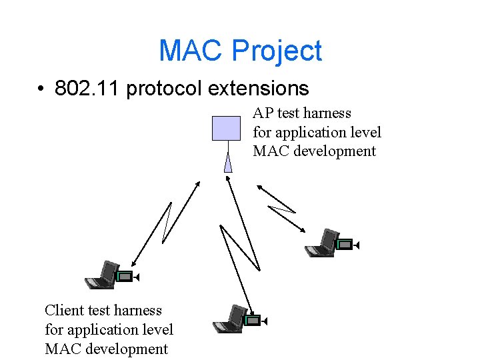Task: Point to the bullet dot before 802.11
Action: click(x=41, y=89)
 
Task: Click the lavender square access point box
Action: click(x=226, y=128)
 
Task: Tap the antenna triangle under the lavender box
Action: click(x=228, y=162)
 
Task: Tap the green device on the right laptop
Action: click(x=345, y=245)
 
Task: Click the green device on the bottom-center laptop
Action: click(x=253, y=321)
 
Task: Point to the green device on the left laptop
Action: click(x=125, y=276)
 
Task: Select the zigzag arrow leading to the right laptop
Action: click(x=281, y=208)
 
